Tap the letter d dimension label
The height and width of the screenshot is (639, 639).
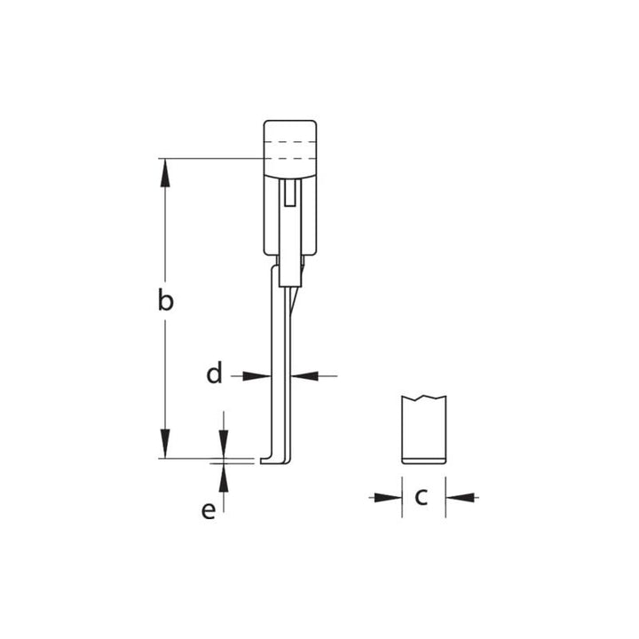tap(214, 375)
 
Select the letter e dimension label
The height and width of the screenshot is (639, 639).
tap(209, 511)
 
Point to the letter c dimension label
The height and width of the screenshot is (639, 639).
tap(422, 497)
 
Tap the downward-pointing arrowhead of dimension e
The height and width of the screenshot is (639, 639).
tap(224, 445)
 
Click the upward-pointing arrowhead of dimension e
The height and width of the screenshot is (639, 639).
tap(224, 477)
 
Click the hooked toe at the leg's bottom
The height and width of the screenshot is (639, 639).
tap(271, 460)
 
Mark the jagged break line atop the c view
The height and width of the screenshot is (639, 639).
tap(423, 398)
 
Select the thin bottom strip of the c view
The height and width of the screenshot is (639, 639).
tap(423, 459)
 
